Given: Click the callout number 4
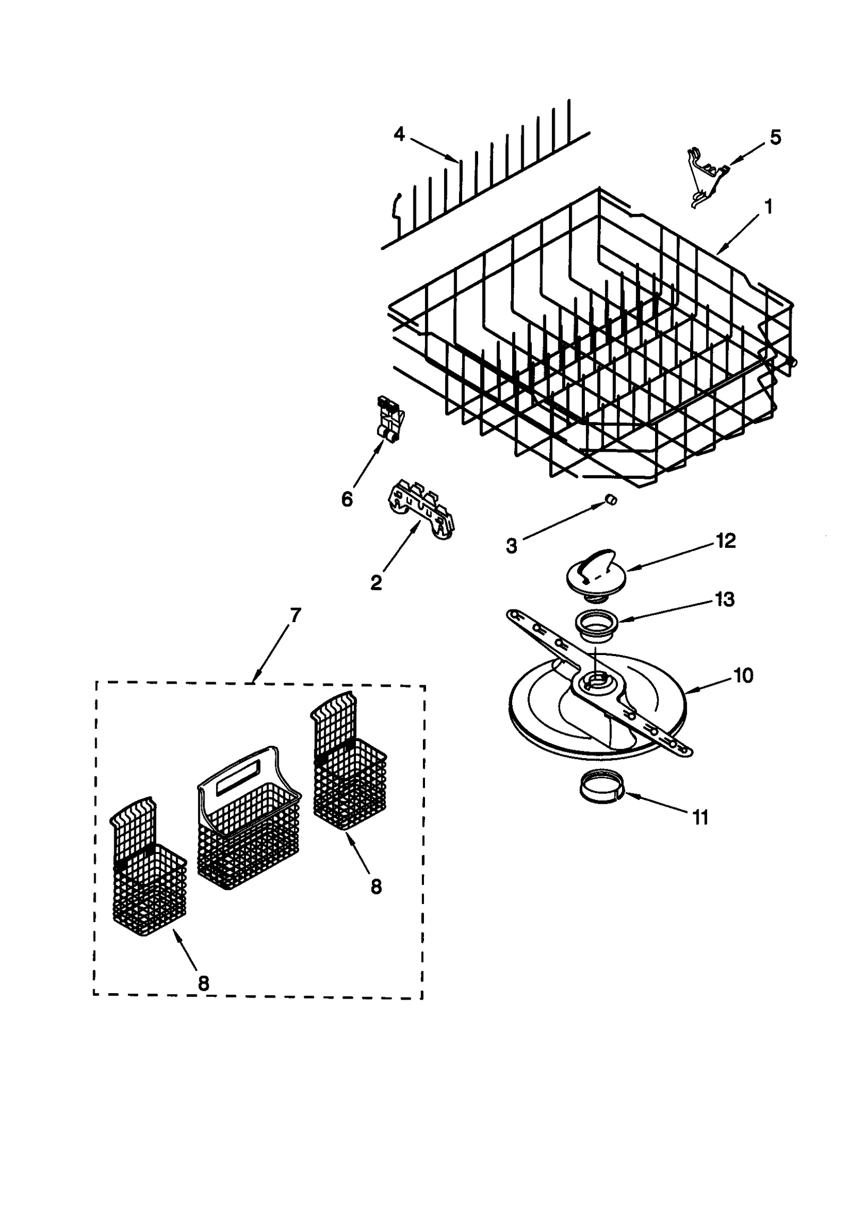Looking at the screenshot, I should coord(398,134).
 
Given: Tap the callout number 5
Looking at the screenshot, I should coord(775,137).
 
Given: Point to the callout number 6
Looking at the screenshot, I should coord(346,499).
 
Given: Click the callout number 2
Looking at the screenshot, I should coord(376,583).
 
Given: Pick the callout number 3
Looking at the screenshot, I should coord(511,546).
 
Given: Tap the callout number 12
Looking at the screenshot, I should coord(725,541).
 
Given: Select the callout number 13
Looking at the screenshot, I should coord(725,599).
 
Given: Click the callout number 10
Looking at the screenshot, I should coord(743,676).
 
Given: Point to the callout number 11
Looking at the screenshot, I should coord(701,818).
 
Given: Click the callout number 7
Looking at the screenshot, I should coord(295,615).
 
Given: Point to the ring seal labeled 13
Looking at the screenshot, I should coord(597,623).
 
